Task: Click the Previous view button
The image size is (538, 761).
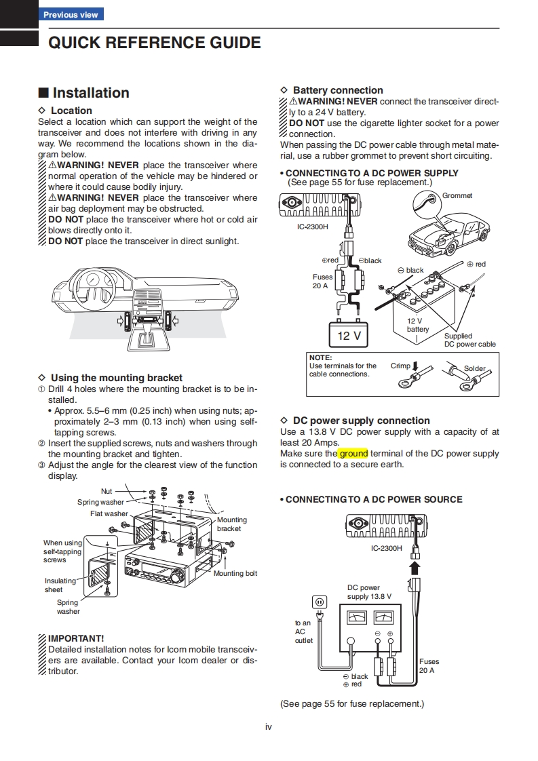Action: [70, 14]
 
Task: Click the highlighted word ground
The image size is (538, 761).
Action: [353, 453]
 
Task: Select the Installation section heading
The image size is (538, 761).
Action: [90, 93]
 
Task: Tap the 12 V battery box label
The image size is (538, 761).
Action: [349, 336]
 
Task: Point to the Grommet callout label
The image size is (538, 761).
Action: [457, 196]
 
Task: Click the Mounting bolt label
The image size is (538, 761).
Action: [235, 574]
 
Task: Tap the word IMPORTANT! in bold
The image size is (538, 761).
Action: [76, 638]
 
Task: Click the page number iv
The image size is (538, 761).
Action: [269, 727]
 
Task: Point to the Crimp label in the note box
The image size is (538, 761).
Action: [400, 366]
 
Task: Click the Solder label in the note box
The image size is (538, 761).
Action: [475, 369]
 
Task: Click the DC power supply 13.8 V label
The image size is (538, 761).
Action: [368, 592]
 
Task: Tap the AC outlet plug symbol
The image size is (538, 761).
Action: [319, 602]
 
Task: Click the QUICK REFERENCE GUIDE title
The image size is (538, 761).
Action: [155, 43]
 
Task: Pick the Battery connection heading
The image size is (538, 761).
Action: [338, 90]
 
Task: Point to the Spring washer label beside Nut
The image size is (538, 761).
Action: [100, 502]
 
